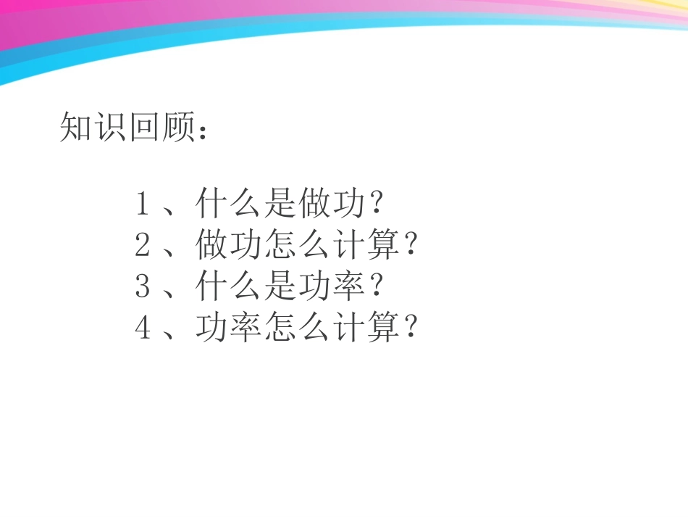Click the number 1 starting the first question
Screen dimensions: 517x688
(143, 205)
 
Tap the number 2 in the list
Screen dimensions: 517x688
(143, 247)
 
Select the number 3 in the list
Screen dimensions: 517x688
(143, 288)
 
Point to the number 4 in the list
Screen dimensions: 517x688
(143, 329)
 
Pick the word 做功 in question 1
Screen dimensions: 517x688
(332, 205)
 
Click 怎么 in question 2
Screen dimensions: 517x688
(297, 247)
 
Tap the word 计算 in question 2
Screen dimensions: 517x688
(366, 247)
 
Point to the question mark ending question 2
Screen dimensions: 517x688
(410, 247)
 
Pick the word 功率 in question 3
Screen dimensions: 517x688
(332, 288)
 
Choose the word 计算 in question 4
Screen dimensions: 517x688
(366, 329)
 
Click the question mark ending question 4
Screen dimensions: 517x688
(410, 329)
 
